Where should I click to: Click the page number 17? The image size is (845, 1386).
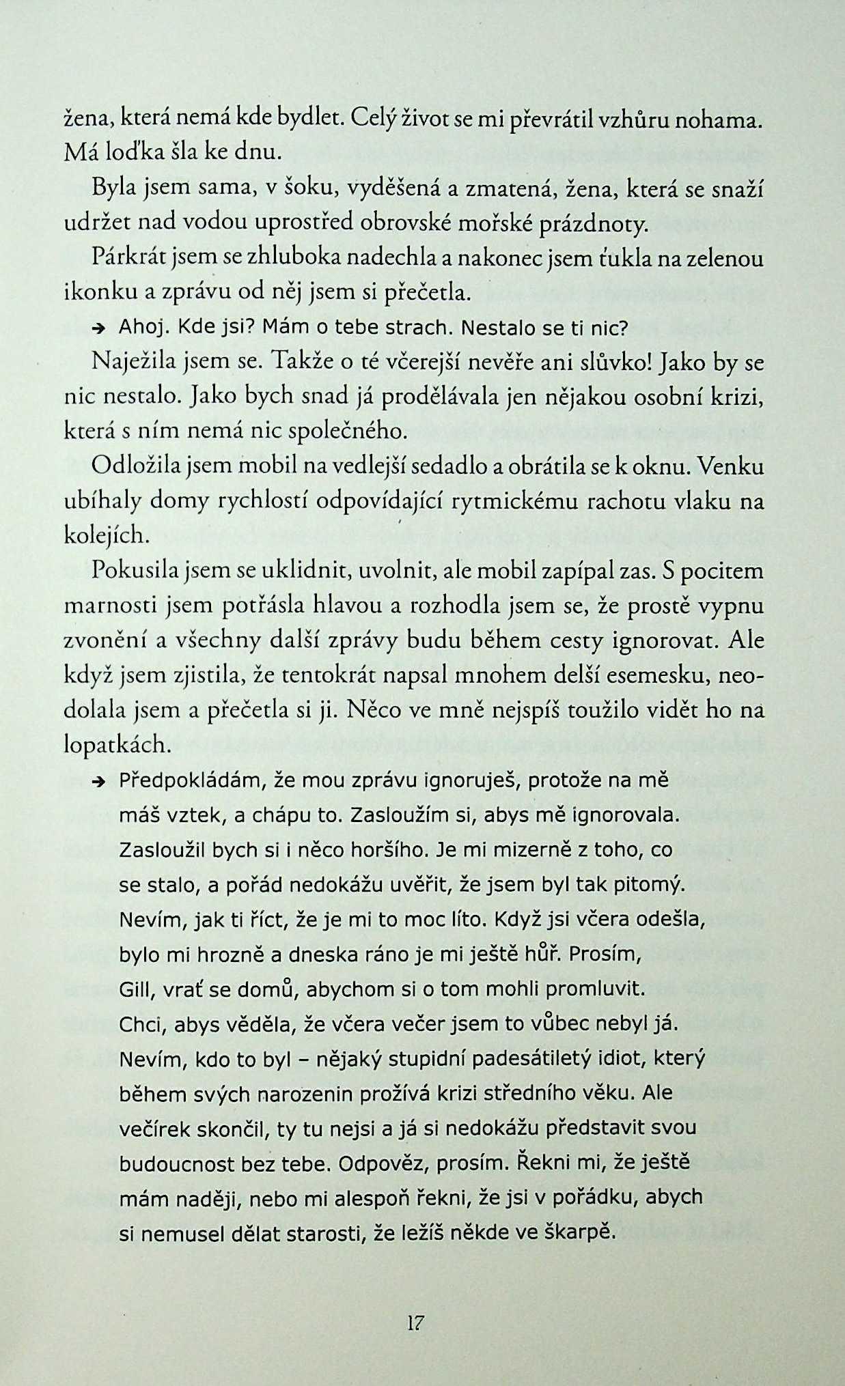point(415,1323)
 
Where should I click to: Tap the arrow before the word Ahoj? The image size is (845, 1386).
point(98,328)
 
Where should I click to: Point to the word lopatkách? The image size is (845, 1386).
point(116,745)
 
